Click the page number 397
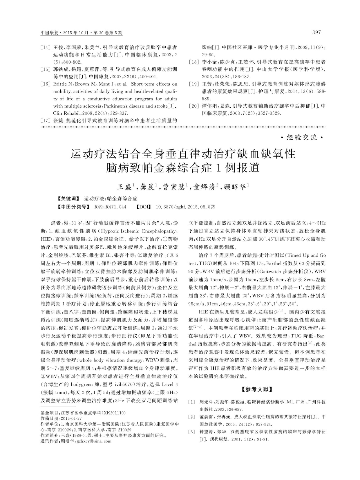[317, 32]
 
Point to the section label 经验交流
[302, 138]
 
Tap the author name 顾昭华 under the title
[235, 187]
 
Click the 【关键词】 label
[68, 199]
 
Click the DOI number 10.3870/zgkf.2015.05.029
[185, 207]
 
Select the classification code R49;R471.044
[110, 207]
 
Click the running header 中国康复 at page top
[49, 33]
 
